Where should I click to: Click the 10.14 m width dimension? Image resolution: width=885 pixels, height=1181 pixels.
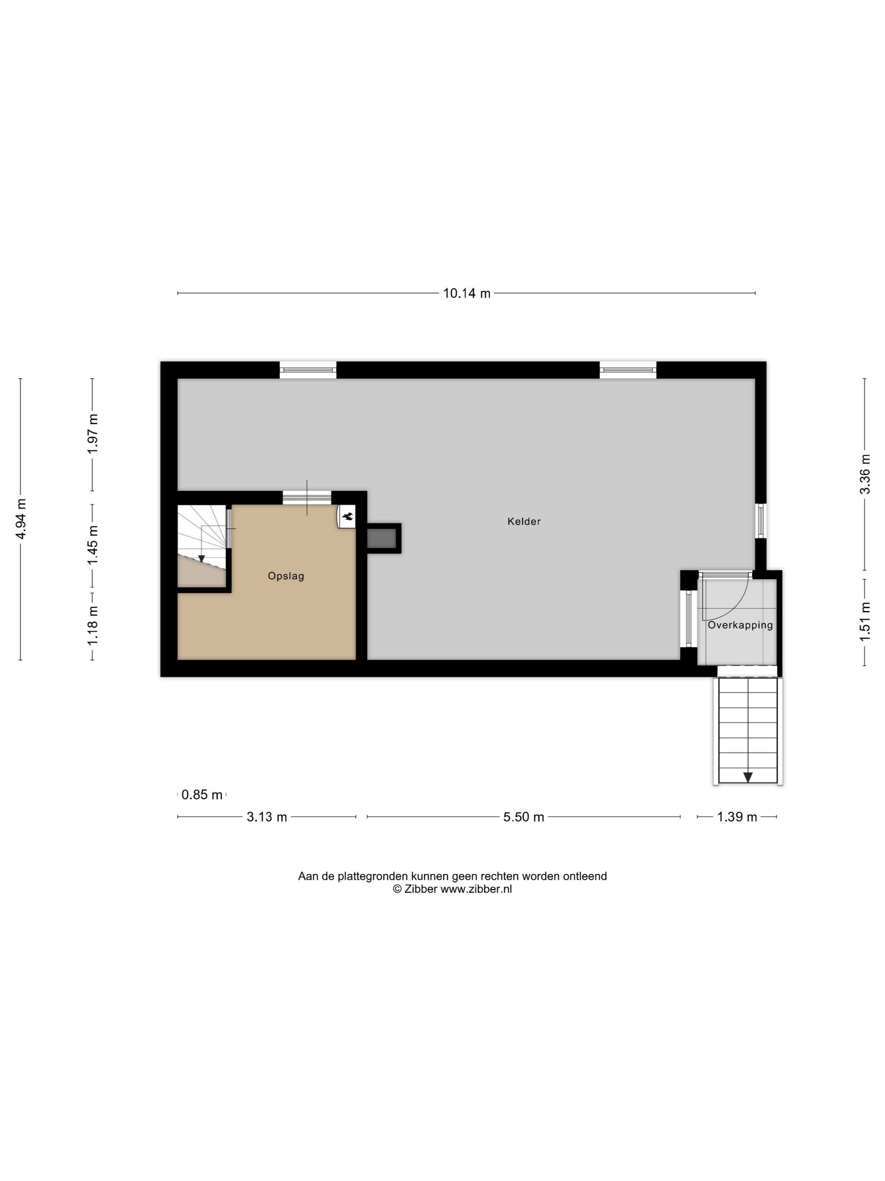point(466,293)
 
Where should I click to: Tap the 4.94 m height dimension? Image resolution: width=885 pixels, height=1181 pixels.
point(22,519)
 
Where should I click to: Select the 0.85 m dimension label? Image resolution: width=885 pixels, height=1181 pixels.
point(201,795)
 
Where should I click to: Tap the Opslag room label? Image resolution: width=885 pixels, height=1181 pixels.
point(286,576)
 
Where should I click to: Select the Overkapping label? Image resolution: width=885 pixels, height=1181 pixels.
point(740,625)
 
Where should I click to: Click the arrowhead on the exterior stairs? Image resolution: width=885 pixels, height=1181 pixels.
point(748,777)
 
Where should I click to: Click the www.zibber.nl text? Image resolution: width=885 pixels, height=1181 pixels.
point(475,889)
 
